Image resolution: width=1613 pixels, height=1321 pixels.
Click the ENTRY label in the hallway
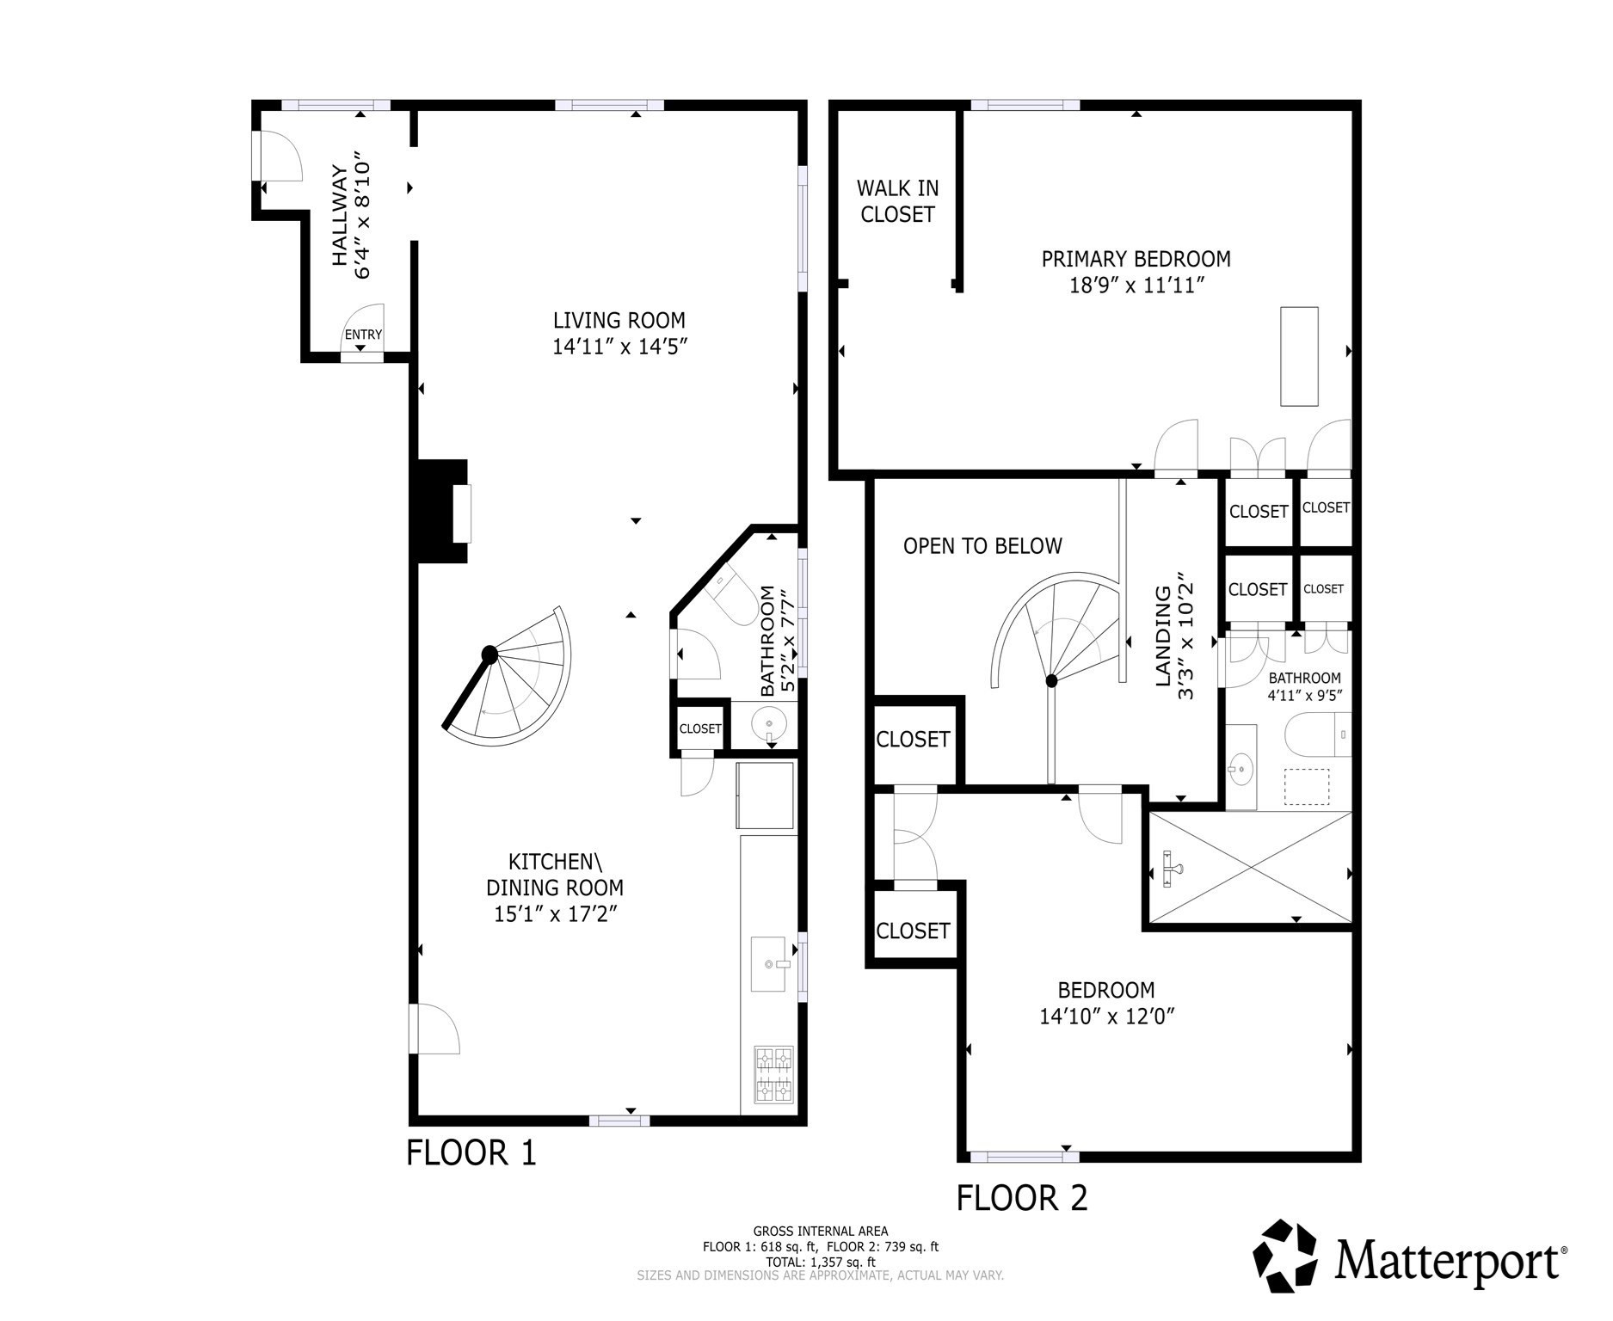point(362,335)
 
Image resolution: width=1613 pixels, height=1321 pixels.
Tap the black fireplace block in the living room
point(440,512)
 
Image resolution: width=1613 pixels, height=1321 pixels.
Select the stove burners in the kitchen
point(773,1074)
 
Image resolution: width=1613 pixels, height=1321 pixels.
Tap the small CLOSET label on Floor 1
point(699,728)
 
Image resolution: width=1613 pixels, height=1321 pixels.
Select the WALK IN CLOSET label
point(897,201)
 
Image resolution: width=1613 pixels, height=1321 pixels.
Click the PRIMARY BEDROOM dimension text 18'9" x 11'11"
point(1136,286)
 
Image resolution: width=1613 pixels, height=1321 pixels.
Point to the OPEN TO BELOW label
point(982,546)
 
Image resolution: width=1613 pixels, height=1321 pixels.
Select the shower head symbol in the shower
point(1172,869)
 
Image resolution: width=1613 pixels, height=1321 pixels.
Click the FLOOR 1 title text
point(471,1152)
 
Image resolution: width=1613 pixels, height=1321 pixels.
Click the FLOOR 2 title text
point(1022,1197)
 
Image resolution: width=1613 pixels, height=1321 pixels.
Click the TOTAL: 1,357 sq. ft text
point(821,1262)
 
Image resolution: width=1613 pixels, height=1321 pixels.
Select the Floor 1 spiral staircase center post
point(489,654)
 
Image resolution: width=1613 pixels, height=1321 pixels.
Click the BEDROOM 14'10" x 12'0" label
point(1106,1003)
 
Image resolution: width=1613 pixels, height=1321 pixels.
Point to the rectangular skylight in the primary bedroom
point(1299,355)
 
